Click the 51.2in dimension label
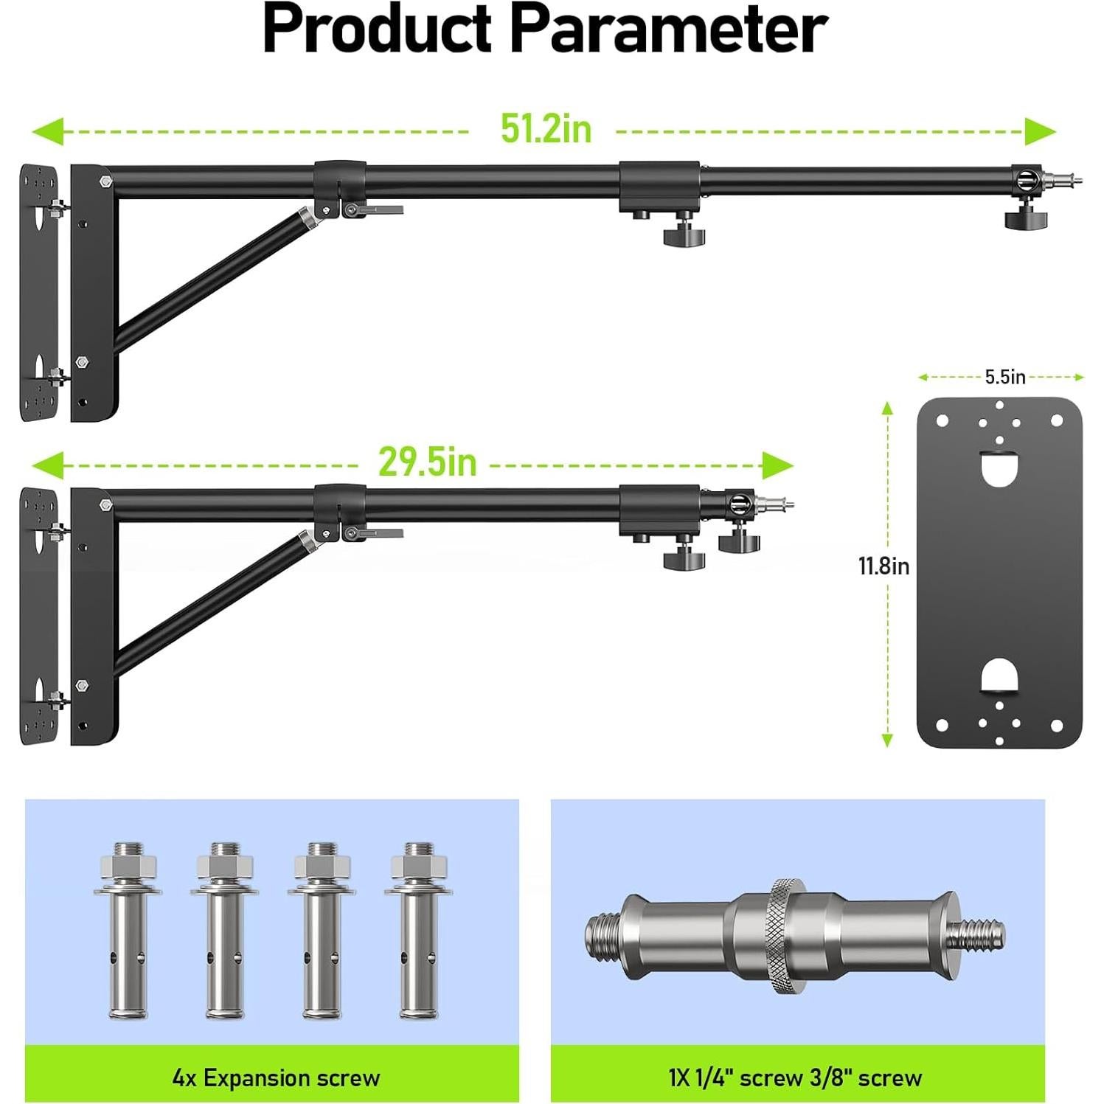[x=546, y=129]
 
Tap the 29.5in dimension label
[x=427, y=462]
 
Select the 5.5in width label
[x=1005, y=377]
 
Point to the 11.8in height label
[x=883, y=566]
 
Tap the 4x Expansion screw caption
[x=276, y=1077]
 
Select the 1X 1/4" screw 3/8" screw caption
[x=795, y=1077]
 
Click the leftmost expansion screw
[x=128, y=931]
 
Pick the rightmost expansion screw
[x=418, y=931]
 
